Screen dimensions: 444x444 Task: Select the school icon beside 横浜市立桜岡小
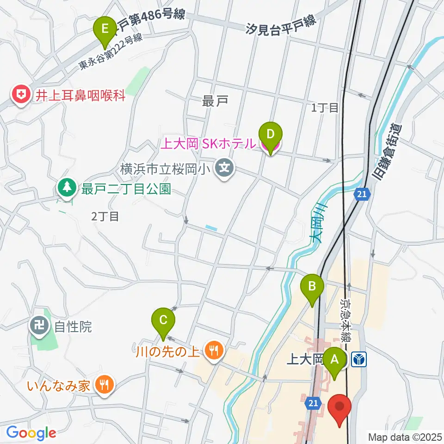pos(225,168)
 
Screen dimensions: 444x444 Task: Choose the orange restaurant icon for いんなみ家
pos(104,385)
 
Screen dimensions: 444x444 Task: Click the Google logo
pos(31,433)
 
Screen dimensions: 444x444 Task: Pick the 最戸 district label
pos(214,101)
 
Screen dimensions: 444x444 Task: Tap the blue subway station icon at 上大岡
pos(359,359)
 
